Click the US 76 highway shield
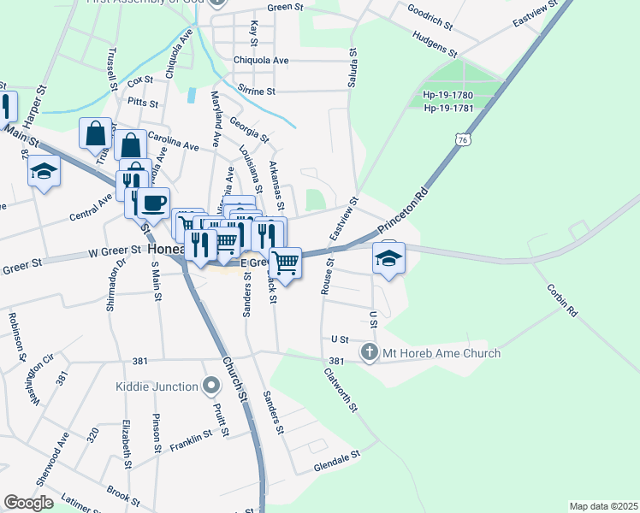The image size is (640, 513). [462, 139]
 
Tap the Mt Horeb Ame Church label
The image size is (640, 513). [441, 352]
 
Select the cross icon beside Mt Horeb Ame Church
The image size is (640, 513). [370, 352]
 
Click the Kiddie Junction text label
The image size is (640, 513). [157, 386]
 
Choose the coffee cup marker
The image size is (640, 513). [153, 204]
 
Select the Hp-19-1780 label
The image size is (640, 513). [448, 95]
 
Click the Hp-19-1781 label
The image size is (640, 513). [448, 108]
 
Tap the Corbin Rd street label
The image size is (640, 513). [561, 300]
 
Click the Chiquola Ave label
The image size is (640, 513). [261, 61]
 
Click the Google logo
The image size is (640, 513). [28, 503]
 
